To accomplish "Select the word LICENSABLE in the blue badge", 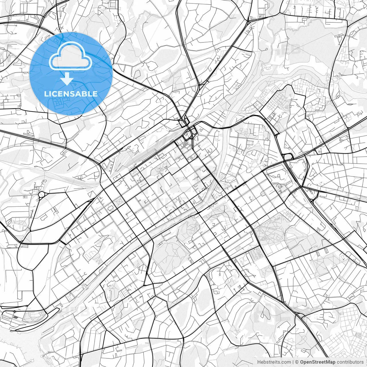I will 71,94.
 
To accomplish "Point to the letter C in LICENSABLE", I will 56,94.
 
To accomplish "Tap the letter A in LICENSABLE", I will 79,94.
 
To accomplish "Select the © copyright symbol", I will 297,362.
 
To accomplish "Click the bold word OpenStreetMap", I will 317,362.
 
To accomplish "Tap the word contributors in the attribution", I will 350,362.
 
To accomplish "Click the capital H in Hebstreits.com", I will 259,362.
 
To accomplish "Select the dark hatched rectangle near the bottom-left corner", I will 15,317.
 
